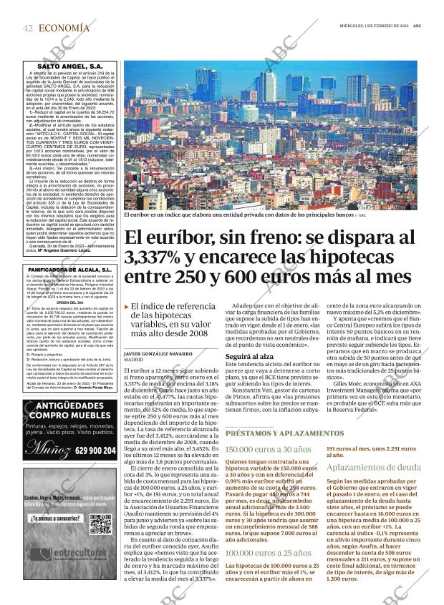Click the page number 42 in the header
(x=28, y=28)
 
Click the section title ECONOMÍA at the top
(x=64, y=28)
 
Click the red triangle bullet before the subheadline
(x=127, y=307)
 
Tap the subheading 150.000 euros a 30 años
(x=269, y=449)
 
